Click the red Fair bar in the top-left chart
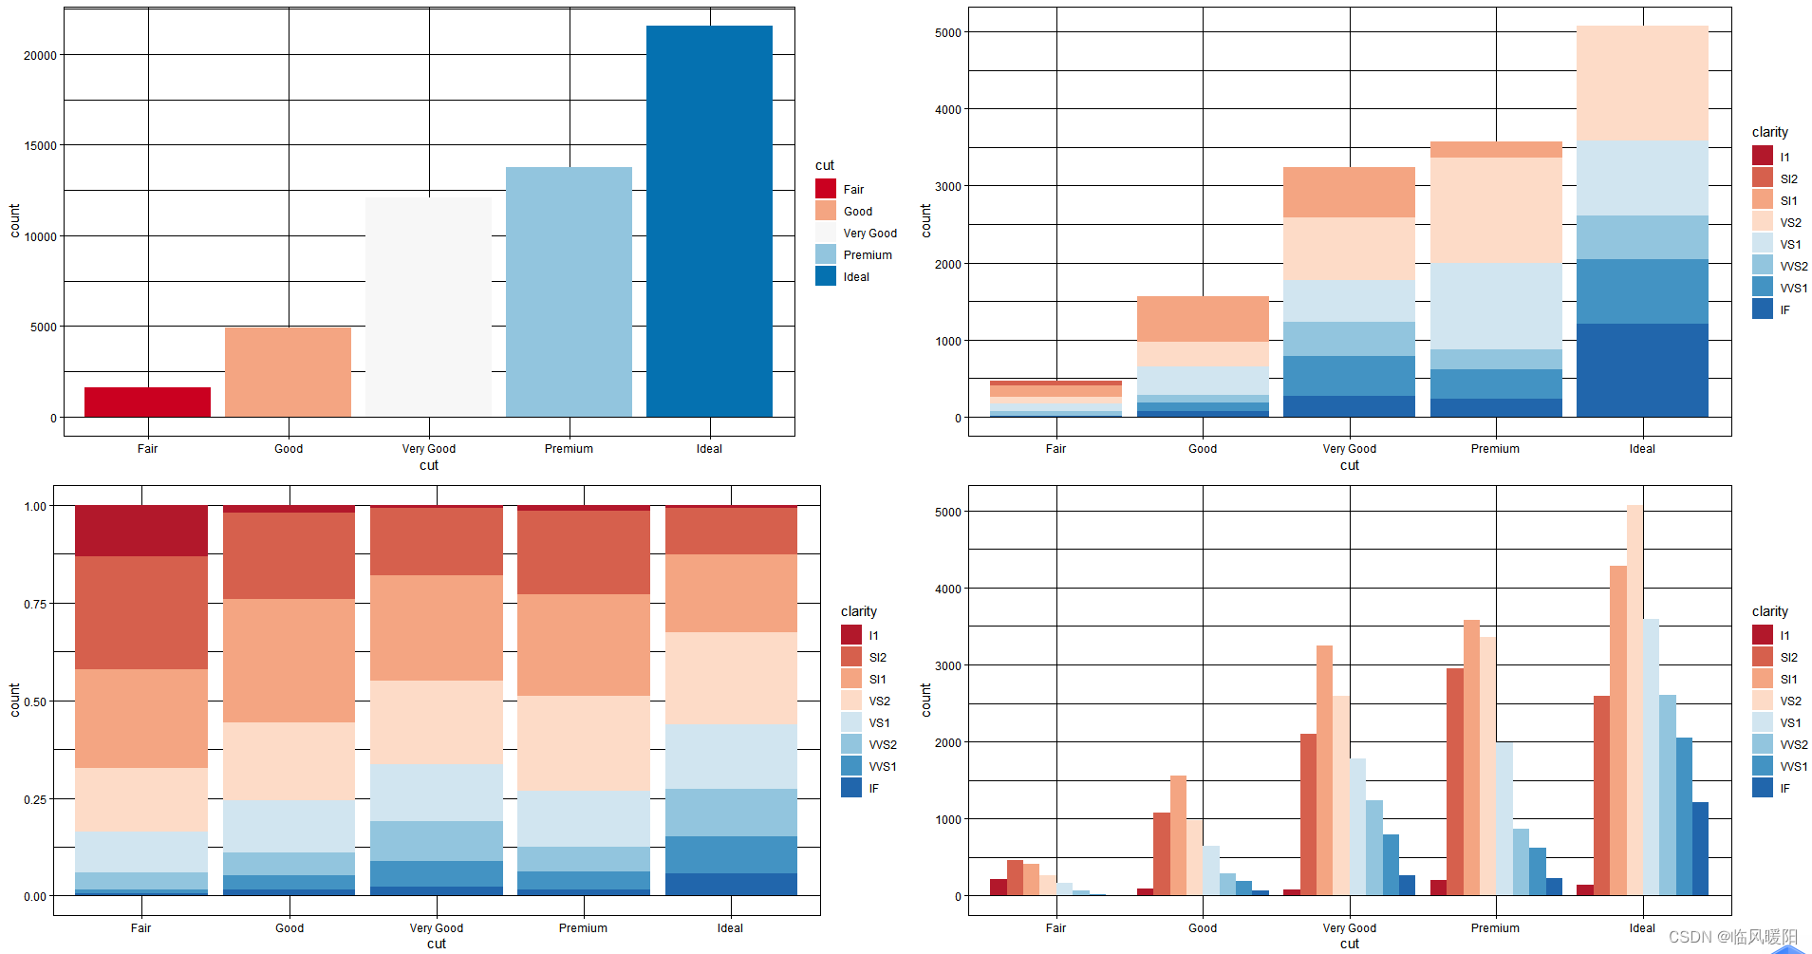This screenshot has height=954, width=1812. [147, 402]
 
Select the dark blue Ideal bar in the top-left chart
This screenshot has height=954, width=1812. [709, 220]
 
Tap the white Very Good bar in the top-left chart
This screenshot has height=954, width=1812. [428, 306]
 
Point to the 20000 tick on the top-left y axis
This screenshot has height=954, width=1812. [41, 55]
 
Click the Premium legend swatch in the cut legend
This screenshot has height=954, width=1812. [825, 254]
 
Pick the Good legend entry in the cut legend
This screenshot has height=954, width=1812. [857, 212]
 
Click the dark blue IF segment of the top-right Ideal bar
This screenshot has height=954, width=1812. [1641, 370]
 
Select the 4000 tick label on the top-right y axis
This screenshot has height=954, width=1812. [947, 110]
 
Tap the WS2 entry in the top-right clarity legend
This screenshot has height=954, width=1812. [1793, 267]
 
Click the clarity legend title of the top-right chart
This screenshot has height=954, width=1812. [1769, 132]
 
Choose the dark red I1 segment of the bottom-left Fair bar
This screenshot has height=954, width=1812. [141, 531]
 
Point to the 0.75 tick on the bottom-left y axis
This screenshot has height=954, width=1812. [35, 604]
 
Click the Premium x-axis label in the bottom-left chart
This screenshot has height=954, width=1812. [583, 928]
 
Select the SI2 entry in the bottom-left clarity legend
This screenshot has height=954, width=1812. [877, 658]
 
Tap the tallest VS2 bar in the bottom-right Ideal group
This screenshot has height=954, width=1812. [1634, 701]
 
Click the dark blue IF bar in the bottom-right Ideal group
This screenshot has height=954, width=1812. [1699, 849]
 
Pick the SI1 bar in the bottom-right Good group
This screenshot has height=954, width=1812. [1178, 835]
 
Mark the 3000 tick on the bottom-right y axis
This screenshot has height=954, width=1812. [947, 666]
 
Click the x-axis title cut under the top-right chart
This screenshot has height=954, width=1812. [1349, 465]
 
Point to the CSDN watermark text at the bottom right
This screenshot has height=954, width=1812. [1732, 937]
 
